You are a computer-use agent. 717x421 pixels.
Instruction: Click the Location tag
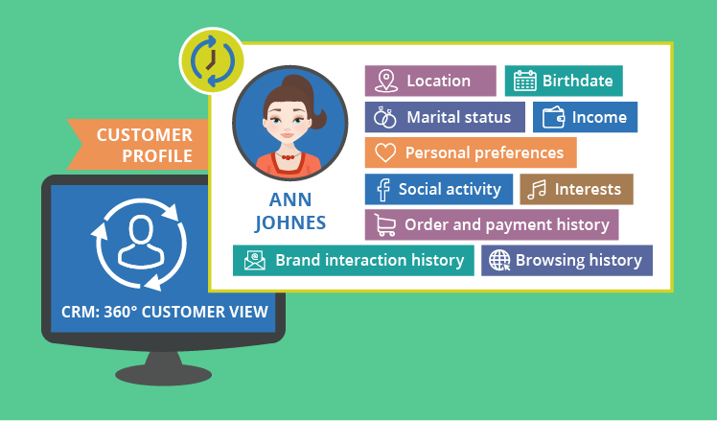pyautogui.click(x=430, y=81)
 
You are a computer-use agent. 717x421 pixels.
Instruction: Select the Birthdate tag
pyautogui.click(x=564, y=81)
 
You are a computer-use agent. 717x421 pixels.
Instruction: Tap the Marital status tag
pyautogui.click(x=445, y=117)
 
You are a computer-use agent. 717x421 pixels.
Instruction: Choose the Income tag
pyautogui.click(x=585, y=117)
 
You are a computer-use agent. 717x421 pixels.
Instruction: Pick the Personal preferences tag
pyautogui.click(x=471, y=152)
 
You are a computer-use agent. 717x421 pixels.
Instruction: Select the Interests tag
pyautogui.click(x=576, y=189)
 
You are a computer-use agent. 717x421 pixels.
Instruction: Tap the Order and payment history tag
pyautogui.click(x=492, y=224)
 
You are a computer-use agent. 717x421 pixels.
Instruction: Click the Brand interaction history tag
pyautogui.click(x=355, y=260)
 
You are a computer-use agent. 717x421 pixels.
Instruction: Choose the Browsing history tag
pyautogui.click(x=567, y=260)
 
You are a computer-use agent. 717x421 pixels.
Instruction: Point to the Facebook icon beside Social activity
pyautogui.click(x=382, y=189)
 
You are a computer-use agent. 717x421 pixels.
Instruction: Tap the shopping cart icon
pyautogui.click(x=385, y=225)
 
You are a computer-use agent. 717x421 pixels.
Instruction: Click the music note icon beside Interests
pyautogui.click(x=538, y=189)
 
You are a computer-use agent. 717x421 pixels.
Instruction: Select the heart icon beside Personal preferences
pyautogui.click(x=384, y=152)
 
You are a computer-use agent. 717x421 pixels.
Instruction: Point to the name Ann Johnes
pyautogui.click(x=289, y=213)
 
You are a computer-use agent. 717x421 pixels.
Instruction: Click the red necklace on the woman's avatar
pyautogui.click(x=288, y=155)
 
